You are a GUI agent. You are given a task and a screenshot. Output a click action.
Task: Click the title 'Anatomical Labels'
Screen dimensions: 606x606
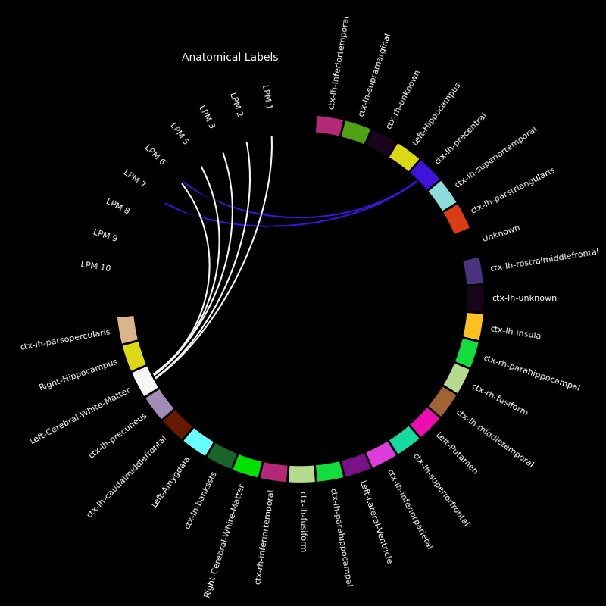click(x=230, y=58)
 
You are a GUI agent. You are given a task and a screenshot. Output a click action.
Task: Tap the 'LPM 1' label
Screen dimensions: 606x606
click(x=267, y=98)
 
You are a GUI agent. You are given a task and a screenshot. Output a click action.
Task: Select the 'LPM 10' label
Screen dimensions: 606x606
click(x=96, y=266)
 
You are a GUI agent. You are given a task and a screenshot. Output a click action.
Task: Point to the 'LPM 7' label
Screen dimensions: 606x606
click(x=135, y=178)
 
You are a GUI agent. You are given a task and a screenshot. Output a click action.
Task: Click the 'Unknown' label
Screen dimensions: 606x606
click(x=501, y=233)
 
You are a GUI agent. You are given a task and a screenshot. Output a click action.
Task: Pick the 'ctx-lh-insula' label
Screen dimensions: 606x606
click(x=516, y=332)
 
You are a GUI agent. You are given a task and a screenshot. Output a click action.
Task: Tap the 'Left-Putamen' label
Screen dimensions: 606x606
click(x=457, y=453)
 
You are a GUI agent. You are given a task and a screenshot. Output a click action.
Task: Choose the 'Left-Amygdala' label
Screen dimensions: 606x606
click(x=170, y=482)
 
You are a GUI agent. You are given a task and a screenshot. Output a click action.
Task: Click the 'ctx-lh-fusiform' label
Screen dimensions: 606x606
click(x=304, y=522)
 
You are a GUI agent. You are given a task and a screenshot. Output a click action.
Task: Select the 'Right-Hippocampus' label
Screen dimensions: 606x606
click(x=78, y=374)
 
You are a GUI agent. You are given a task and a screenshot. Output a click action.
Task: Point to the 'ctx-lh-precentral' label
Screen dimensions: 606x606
click(x=461, y=139)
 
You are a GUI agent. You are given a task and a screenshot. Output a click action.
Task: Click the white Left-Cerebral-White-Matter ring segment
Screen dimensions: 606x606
click(x=145, y=381)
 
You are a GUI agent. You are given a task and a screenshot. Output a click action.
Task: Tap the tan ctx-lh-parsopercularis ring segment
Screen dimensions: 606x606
click(x=127, y=330)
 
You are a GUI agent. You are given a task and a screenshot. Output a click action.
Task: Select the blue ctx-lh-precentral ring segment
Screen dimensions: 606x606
click(x=425, y=175)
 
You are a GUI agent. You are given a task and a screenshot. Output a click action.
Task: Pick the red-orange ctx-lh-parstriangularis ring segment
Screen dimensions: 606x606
click(x=457, y=219)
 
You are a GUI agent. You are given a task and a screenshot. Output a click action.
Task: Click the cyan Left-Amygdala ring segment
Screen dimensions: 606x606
click(x=198, y=442)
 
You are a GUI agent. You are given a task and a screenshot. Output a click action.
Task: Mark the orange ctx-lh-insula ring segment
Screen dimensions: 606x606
click(x=473, y=326)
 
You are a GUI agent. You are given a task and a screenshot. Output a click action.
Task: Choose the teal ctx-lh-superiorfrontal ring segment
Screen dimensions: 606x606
click(x=405, y=440)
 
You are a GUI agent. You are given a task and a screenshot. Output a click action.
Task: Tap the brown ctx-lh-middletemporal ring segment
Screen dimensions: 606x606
click(x=442, y=401)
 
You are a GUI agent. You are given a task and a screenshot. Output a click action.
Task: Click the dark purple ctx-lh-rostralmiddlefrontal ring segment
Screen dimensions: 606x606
click(x=473, y=271)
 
